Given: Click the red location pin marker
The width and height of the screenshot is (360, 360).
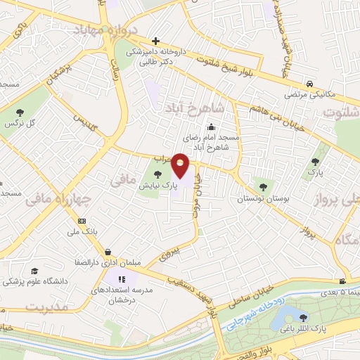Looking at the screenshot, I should click(181, 166).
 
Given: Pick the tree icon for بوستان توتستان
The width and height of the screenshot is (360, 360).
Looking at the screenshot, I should click(263, 186).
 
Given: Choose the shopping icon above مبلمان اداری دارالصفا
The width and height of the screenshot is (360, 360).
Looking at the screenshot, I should click(108, 252).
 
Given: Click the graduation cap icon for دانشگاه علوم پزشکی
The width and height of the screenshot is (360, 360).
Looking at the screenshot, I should click(35, 270).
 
